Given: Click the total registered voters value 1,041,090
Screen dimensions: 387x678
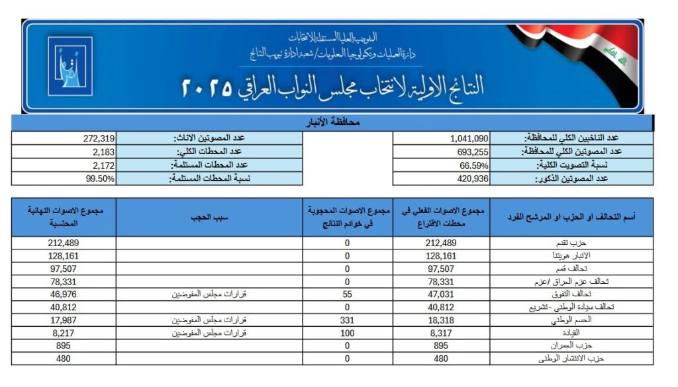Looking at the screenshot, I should (x=469, y=138).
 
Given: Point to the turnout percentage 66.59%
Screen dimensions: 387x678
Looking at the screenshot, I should (x=474, y=165).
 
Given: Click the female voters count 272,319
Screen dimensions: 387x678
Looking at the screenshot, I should (x=99, y=138).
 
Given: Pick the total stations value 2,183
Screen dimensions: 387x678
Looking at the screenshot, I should (x=104, y=151).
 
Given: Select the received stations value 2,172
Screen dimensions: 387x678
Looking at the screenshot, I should (x=104, y=165).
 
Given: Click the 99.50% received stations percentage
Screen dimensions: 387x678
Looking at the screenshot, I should (x=101, y=178).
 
